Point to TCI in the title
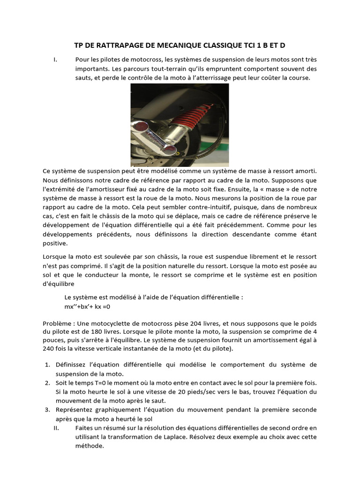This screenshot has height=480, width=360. click(254, 45)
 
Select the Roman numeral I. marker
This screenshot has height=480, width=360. click(56, 60)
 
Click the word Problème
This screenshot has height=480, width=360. click(57, 323)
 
